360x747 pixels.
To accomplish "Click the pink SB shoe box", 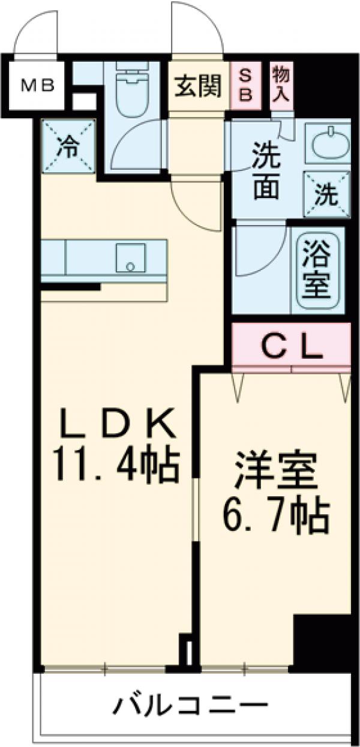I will click(x=246, y=86).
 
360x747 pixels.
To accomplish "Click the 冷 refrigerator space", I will click(x=68, y=146).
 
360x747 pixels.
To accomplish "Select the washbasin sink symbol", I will click(x=328, y=143).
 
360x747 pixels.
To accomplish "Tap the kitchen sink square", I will click(x=130, y=258).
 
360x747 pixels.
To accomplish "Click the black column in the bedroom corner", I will click(x=322, y=640).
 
